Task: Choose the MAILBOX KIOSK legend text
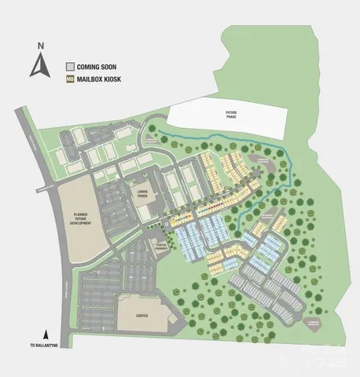pos(102,79)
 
